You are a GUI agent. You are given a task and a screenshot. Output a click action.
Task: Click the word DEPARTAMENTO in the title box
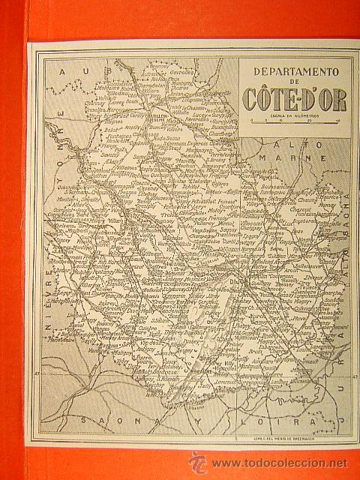(295, 73)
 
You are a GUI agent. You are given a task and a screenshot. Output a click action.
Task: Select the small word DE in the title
(295, 83)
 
